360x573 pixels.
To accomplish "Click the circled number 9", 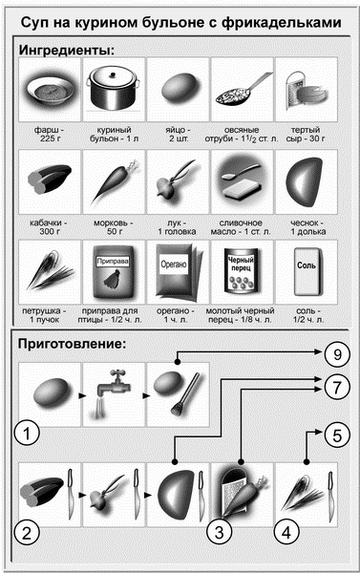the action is pos(337,354).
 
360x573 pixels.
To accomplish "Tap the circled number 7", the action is pos(337,387).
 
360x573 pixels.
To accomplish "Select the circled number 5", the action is pos(337,435).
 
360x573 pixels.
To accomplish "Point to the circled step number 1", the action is pos(27,434).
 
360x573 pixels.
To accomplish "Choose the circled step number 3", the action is pos(220,532).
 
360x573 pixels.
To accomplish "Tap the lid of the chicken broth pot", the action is pos(113,74).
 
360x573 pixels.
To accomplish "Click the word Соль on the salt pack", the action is pos(307,265).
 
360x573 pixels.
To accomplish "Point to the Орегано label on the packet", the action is pos(174,265).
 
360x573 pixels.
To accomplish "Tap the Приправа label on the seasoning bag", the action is pos(113,262).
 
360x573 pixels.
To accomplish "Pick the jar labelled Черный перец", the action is pos(241,270).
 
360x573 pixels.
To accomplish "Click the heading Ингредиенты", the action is pos(67,50).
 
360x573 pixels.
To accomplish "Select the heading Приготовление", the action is pos(72,344).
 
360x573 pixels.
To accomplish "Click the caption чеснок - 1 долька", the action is pos(308,227).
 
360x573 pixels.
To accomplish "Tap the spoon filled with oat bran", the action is pos(243,90).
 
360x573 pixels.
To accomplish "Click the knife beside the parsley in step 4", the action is pos(330,495).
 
